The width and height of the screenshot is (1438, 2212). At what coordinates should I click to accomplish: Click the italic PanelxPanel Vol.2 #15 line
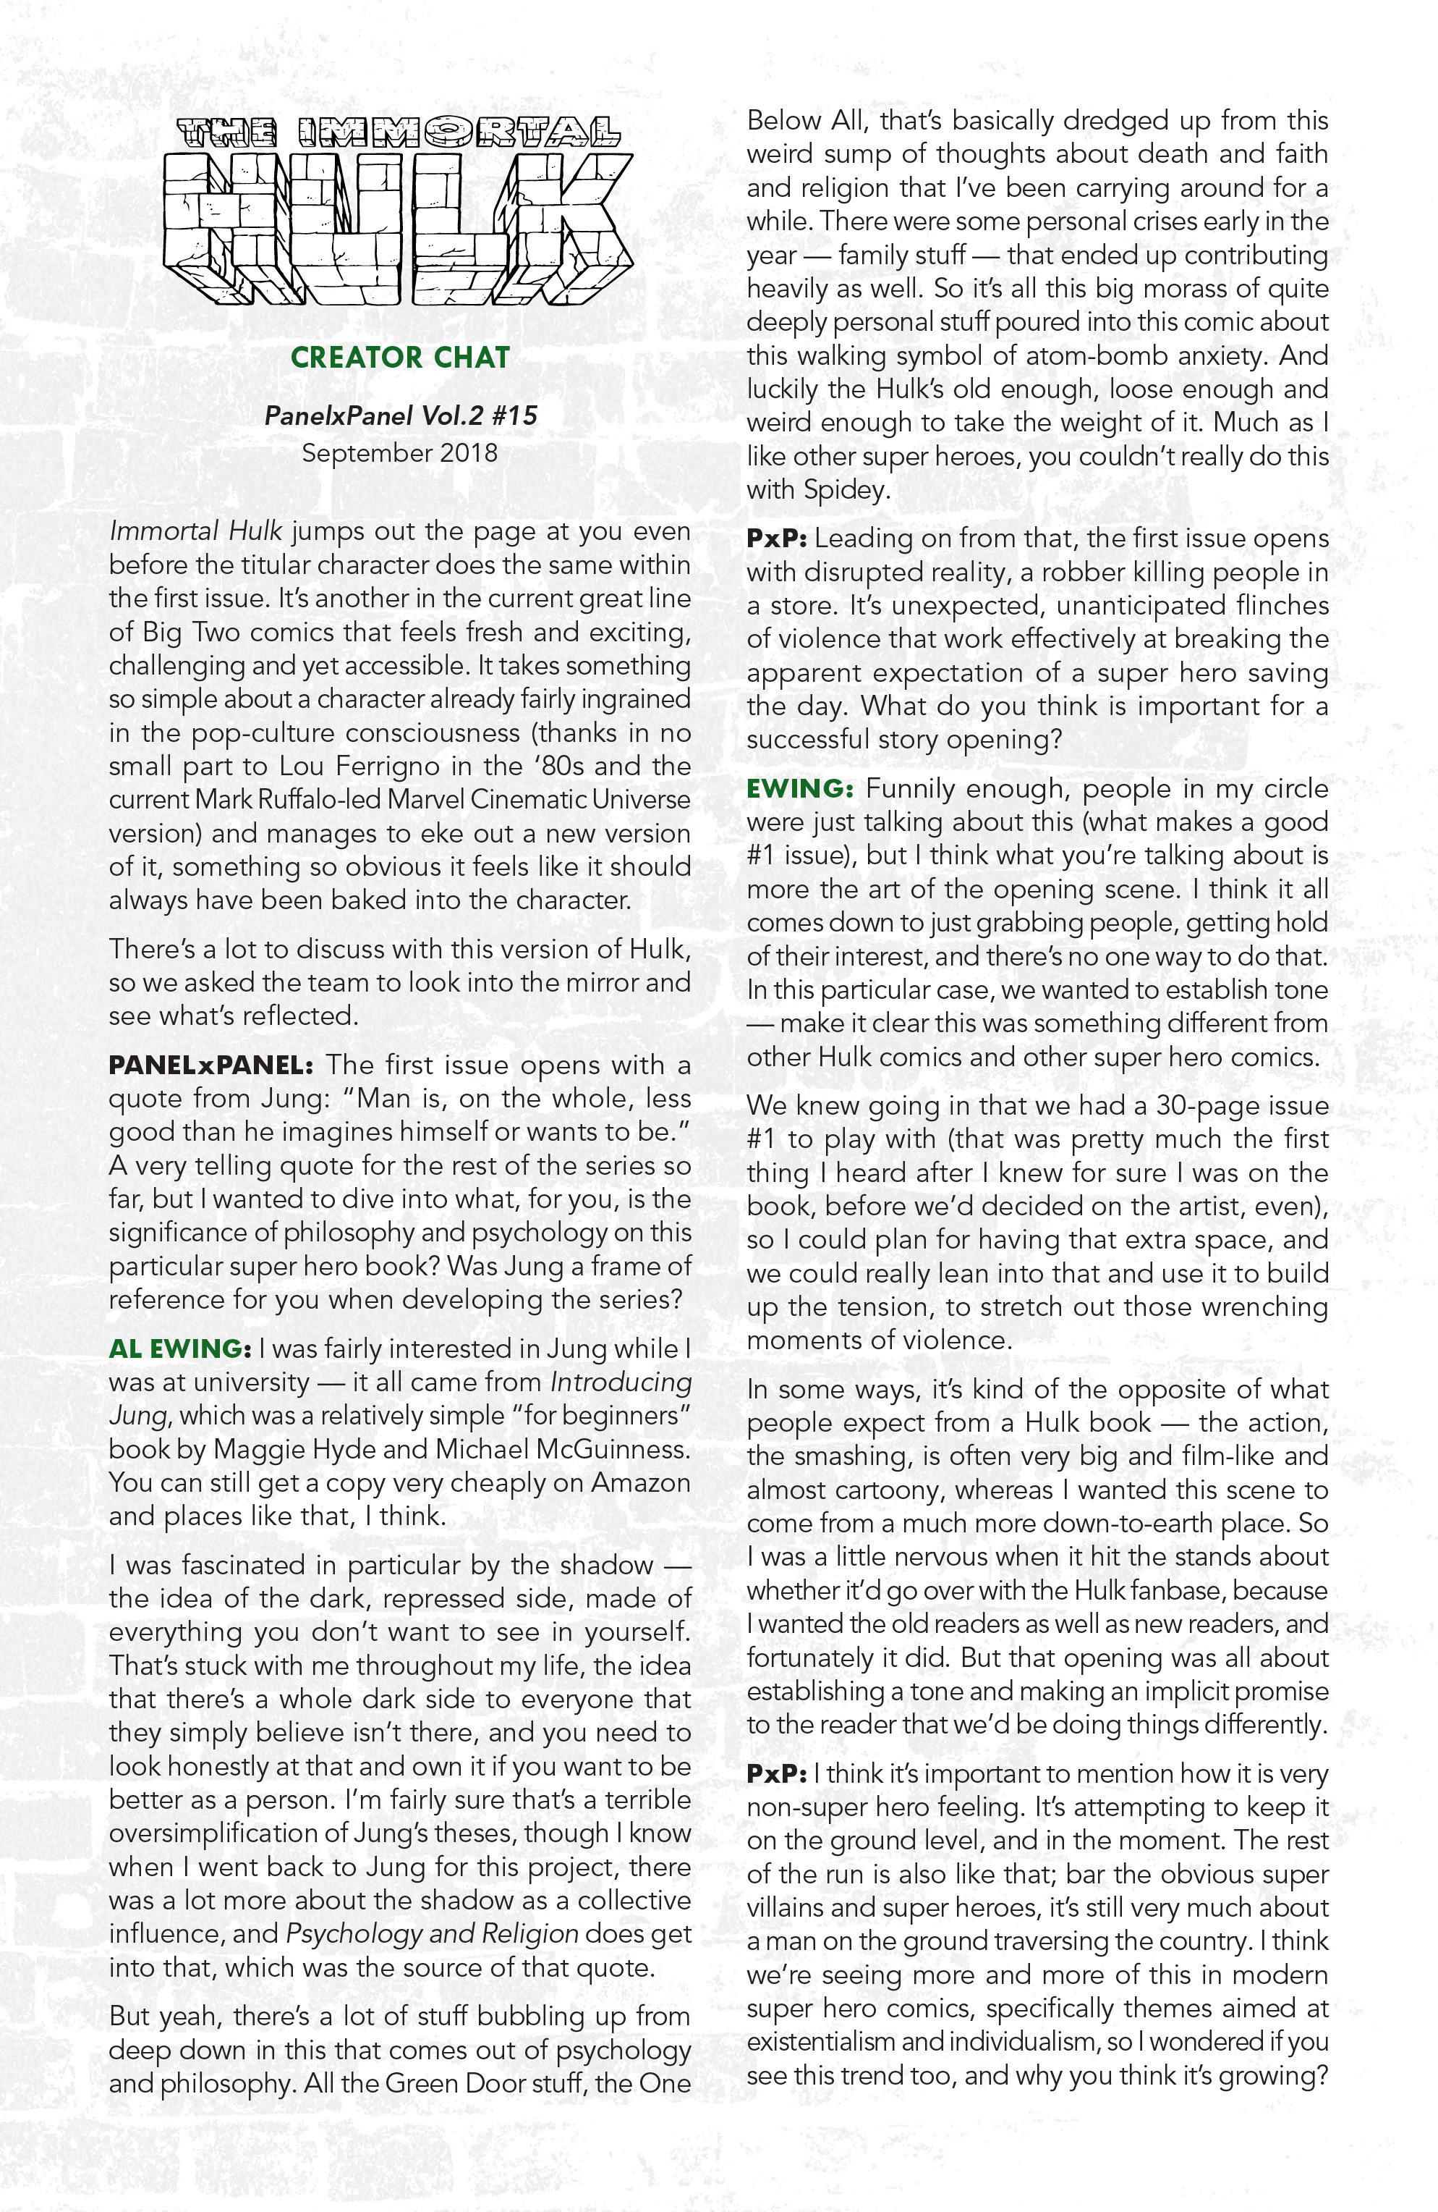[x=401, y=415]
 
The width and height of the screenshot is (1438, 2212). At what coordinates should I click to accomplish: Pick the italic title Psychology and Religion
[x=432, y=1934]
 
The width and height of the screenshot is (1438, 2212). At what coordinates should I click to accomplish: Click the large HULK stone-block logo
[x=399, y=228]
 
